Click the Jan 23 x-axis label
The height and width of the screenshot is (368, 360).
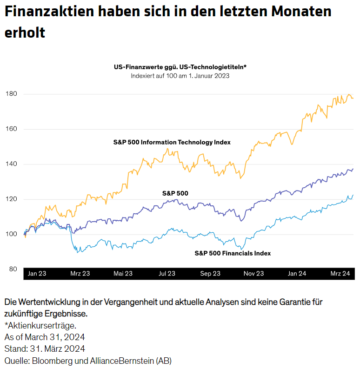tap(37, 274)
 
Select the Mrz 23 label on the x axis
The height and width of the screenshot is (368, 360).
tap(80, 274)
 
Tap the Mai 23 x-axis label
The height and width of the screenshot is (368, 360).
tap(123, 274)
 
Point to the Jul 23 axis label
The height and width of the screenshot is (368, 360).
tap(167, 274)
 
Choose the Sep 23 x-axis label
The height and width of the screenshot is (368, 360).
tap(210, 274)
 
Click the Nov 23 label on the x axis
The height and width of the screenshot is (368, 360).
tap(254, 274)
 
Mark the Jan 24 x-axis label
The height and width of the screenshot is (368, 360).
tap(297, 274)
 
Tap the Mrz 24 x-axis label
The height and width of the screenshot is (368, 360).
tap(340, 274)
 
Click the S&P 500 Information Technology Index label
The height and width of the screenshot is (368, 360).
tap(172, 142)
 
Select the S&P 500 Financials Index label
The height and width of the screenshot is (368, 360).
tap(233, 253)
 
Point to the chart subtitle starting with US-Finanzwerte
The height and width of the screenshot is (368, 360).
tap(180, 67)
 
